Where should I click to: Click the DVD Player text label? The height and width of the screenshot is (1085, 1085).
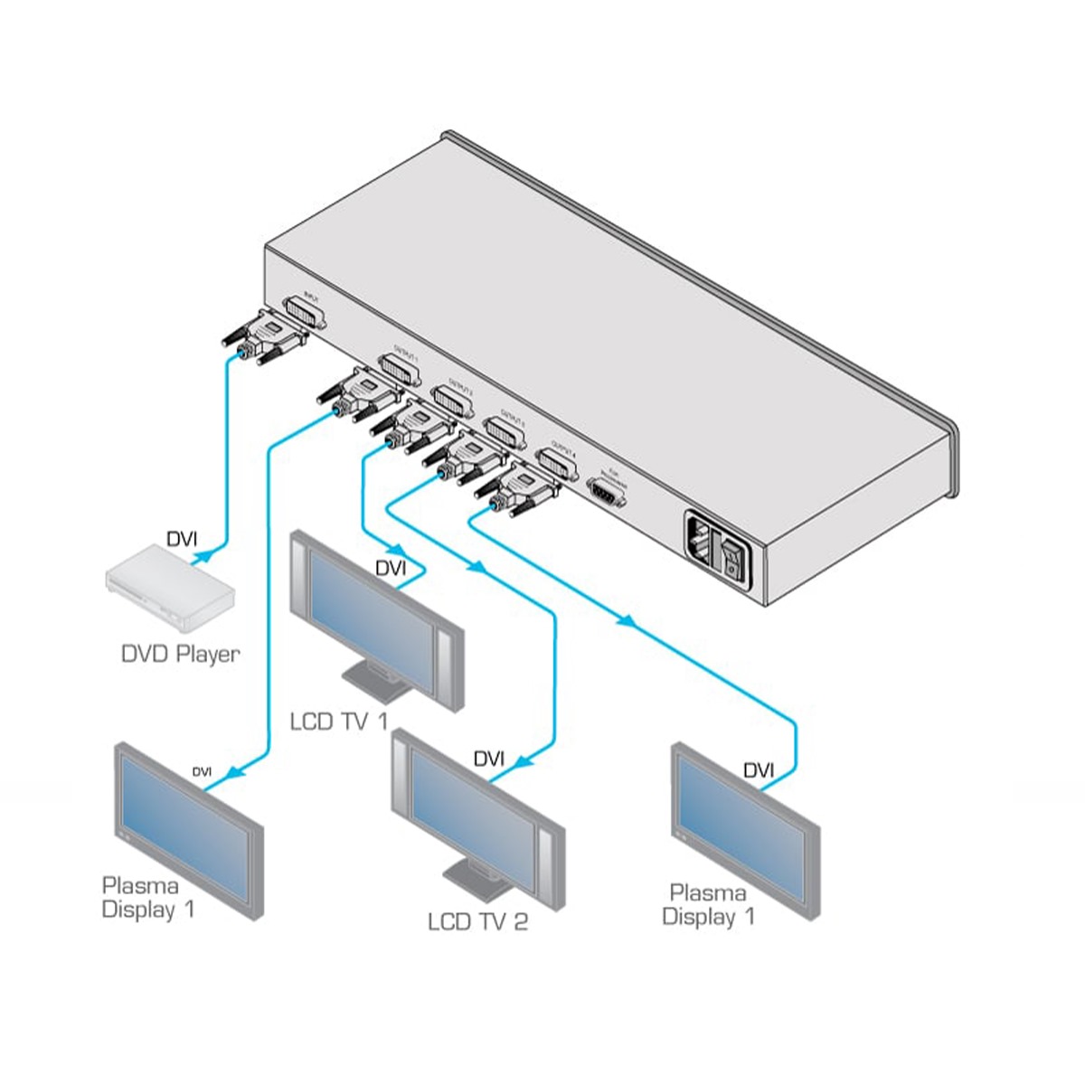[180, 653]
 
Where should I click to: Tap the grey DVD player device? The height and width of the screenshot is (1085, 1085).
[170, 591]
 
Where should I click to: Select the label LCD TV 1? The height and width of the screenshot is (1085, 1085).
[338, 721]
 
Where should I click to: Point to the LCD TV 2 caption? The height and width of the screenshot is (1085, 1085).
[477, 921]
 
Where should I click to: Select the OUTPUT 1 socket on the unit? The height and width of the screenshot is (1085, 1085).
[400, 369]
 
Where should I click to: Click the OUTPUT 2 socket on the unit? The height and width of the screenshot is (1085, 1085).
[452, 397]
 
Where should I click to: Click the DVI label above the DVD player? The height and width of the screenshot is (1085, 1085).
[181, 540]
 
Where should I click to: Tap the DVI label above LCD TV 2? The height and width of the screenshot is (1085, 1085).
[488, 759]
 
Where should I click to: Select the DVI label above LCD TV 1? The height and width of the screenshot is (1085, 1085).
[391, 568]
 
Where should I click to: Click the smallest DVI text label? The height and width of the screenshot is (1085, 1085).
[202, 771]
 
